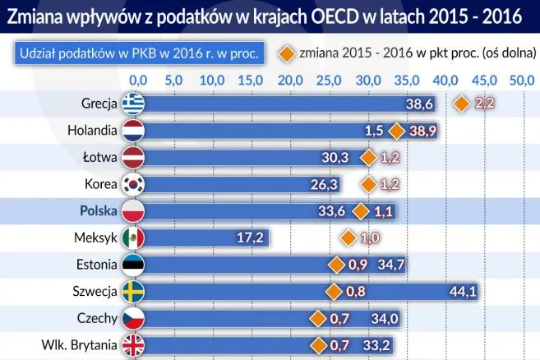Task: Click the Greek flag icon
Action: point(132,104)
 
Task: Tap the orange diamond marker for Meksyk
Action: point(348,238)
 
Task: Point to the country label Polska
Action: point(99,210)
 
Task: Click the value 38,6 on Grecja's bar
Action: point(419,104)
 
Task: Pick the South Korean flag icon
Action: point(132,184)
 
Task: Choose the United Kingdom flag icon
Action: point(132,344)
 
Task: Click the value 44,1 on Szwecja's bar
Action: point(462,291)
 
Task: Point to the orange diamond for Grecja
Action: point(463,104)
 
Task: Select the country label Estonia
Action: point(95,264)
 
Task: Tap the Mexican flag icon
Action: point(132,238)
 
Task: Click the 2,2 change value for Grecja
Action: point(485,104)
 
